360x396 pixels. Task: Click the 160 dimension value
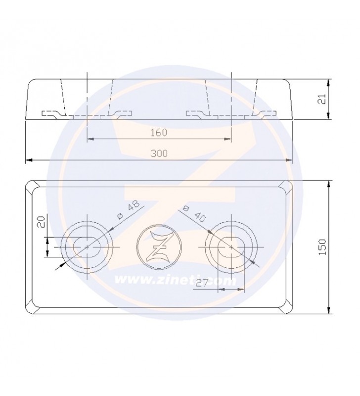click(159, 132)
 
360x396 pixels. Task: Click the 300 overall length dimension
click(159, 153)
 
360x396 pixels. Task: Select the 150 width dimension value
click(322, 247)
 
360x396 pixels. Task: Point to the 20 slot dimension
click(42, 221)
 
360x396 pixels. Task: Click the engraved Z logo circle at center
click(159, 247)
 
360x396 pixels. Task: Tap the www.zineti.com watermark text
click(176, 280)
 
